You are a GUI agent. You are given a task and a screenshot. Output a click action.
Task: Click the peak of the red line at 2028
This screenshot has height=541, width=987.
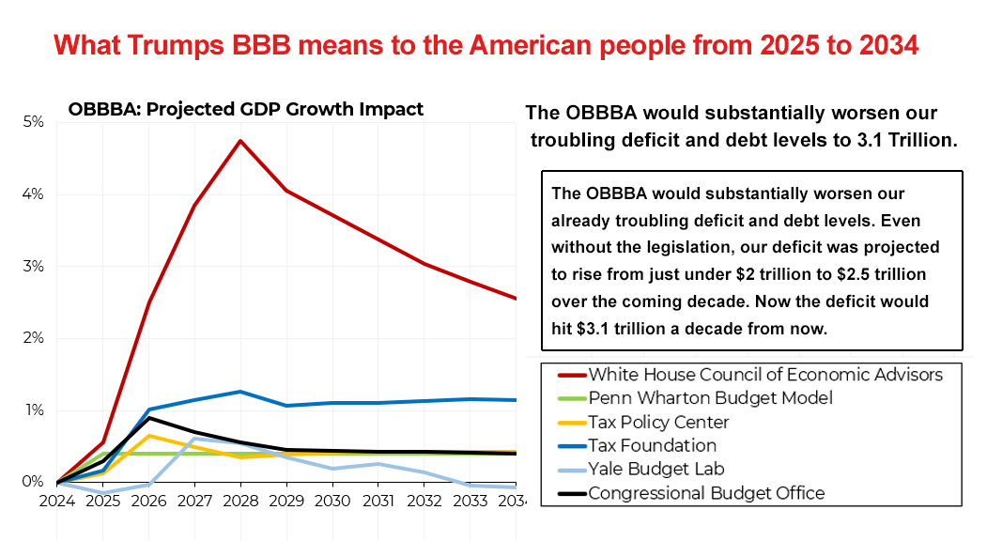[x=240, y=141]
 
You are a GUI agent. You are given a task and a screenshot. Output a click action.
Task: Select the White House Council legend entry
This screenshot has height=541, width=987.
[x=765, y=375]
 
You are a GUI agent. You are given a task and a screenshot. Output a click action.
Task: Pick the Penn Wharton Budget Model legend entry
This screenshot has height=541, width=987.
[x=708, y=398]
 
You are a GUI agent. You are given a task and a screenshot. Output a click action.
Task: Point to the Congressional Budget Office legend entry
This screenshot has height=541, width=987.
[x=706, y=492]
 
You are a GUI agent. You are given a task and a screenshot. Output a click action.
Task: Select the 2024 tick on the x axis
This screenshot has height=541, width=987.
[x=57, y=501]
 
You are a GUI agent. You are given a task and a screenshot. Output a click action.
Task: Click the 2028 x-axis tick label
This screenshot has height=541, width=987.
[x=240, y=501]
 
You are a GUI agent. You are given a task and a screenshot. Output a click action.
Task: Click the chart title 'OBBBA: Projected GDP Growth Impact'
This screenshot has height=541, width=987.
[x=245, y=109]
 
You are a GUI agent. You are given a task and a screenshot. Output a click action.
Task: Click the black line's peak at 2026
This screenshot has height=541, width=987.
[x=149, y=418]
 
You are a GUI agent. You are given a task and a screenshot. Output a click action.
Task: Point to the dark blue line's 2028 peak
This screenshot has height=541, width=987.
[x=240, y=392]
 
